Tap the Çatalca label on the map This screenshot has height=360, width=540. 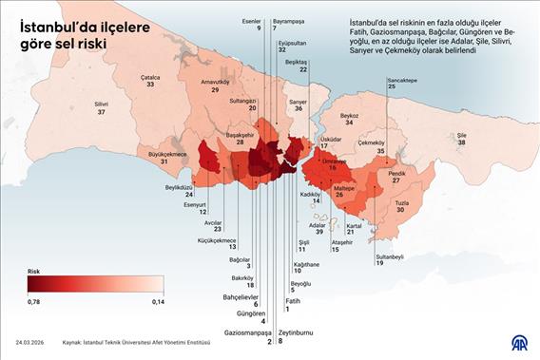click(x=150, y=79)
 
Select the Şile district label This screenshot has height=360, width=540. click(x=462, y=136)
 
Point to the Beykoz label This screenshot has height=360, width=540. click(x=350, y=117)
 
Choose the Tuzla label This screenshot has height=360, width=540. click(x=402, y=202)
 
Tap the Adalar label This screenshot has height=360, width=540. click(x=318, y=225)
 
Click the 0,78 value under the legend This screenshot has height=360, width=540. click(x=34, y=302)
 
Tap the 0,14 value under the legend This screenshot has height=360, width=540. click(x=158, y=302)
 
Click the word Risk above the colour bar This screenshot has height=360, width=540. click(x=34, y=271)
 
